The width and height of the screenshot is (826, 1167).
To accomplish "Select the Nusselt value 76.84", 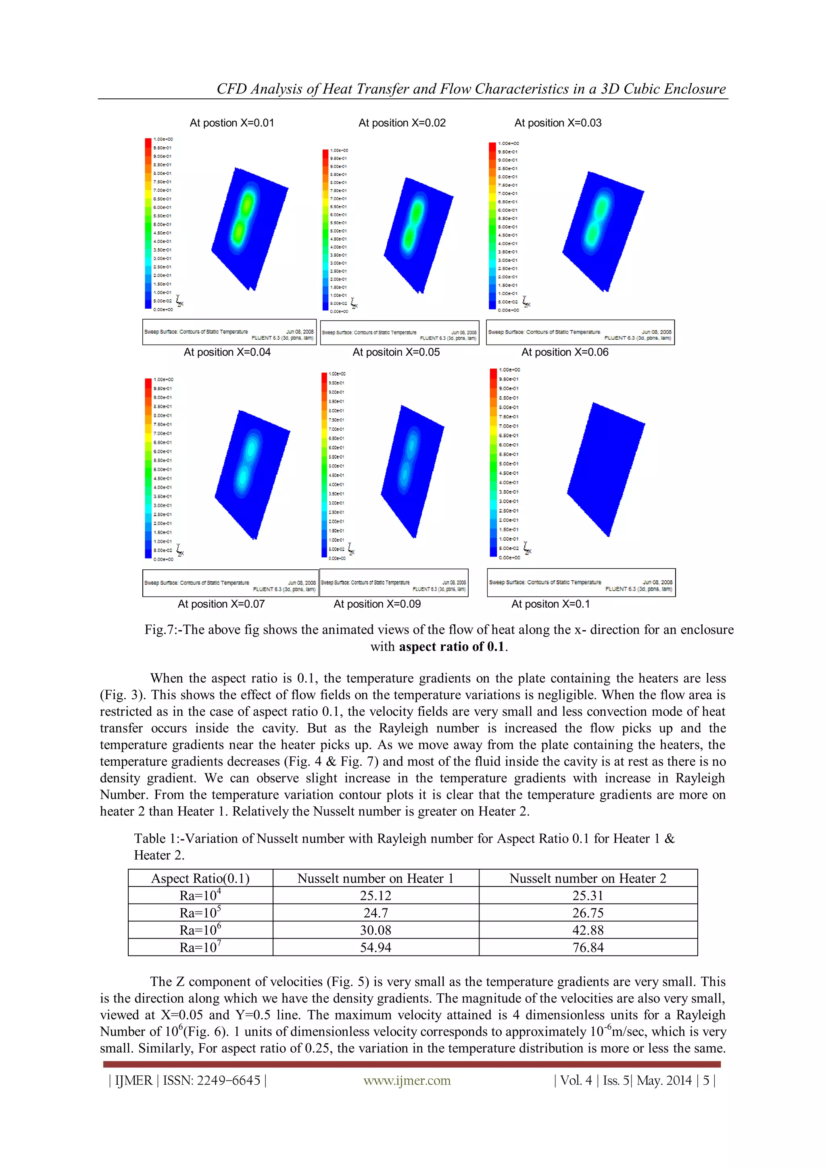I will tap(588, 947).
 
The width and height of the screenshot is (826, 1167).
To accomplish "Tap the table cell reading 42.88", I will tap(588, 930).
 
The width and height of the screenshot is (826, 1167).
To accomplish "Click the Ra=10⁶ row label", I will tap(200, 930).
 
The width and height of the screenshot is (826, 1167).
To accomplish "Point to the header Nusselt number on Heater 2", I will tap(588, 878).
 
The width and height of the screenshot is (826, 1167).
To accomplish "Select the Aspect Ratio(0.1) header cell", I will tap(200, 878).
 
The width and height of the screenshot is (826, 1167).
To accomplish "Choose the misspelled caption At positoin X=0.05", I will tap(396, 352).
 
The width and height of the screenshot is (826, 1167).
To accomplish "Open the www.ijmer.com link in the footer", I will tap(407, 1081).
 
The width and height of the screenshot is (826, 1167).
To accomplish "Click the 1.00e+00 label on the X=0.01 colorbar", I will tap(163, 139).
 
